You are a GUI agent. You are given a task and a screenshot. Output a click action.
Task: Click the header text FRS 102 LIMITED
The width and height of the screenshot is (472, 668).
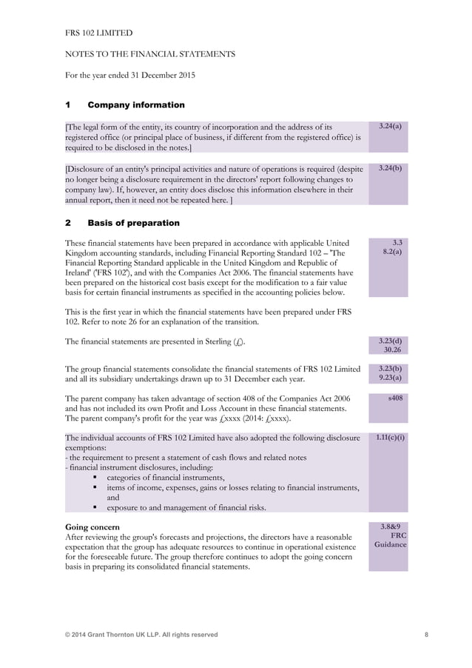[99, 33]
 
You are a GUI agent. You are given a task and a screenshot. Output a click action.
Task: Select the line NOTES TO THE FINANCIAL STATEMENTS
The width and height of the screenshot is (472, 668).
[151, 54]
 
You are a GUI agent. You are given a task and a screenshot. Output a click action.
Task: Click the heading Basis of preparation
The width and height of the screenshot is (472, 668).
[133, 223]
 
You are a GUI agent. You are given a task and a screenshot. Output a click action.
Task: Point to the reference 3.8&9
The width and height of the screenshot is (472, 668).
[392, 526]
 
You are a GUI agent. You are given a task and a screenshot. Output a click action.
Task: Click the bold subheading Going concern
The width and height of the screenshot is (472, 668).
[92, 527]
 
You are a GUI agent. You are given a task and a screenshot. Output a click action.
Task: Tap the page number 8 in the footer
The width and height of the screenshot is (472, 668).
[426, 635]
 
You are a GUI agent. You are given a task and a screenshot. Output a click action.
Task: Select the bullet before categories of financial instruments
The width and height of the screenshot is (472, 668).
[95, 478]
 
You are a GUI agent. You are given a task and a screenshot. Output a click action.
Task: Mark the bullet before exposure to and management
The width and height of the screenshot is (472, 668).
[95, 507]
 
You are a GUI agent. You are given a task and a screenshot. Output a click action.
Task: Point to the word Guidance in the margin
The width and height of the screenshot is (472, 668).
[390, 544]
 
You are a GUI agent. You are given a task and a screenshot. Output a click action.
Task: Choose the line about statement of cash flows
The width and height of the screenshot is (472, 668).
[186, 458]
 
